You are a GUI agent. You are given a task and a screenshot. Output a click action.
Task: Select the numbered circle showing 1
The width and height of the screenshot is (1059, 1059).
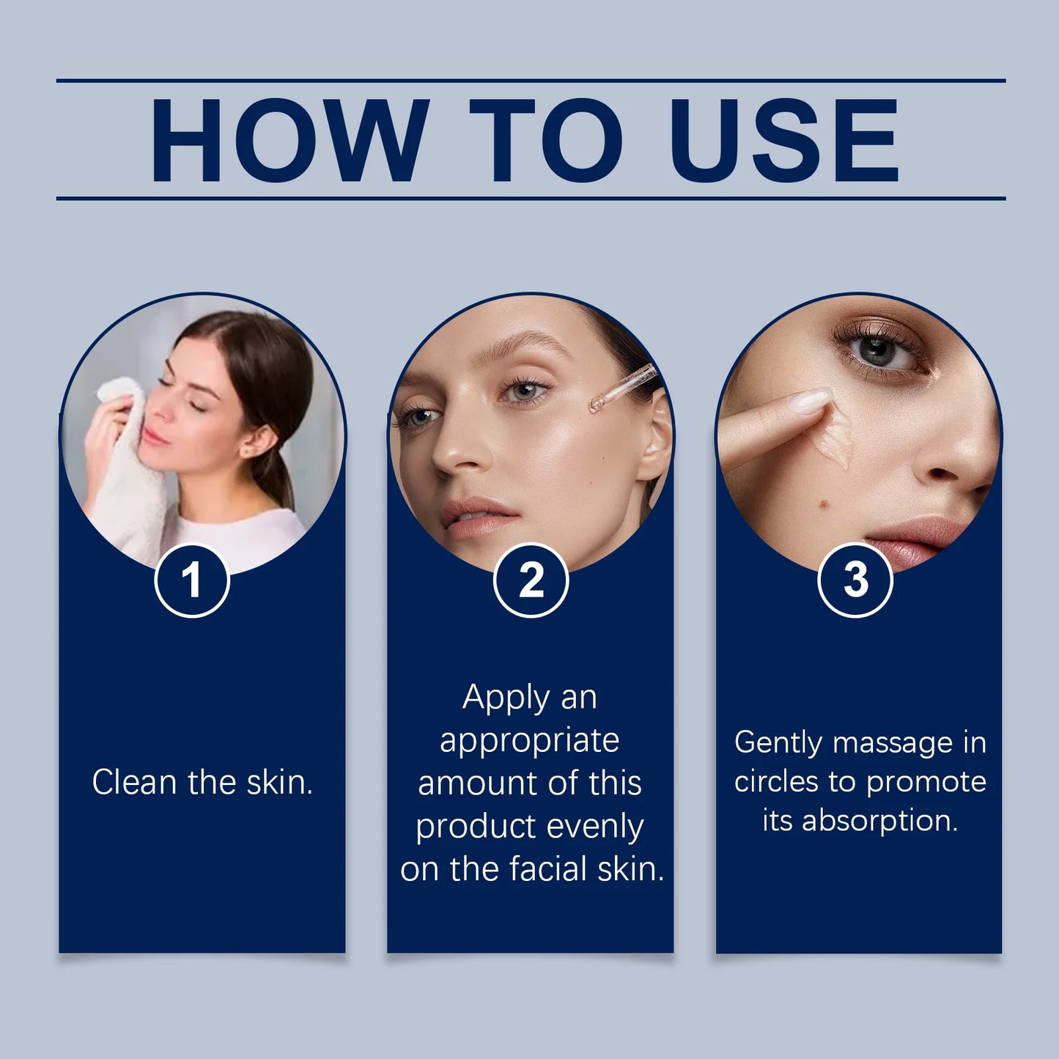pyautogui.click(x=192, y=580)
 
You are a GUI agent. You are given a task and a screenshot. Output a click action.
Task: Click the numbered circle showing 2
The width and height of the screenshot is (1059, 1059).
pyautogui.click(x=531, y=580)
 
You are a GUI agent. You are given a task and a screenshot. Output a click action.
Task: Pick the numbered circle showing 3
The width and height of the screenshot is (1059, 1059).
pyautogui.click(x=855, y=580)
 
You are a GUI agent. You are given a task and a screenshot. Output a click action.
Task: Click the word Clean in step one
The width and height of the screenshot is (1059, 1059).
pyautogui.click(x=135, y=782)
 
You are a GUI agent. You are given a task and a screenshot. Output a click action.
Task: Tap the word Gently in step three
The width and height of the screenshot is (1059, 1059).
pyautogui.click(x=778, y=743)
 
